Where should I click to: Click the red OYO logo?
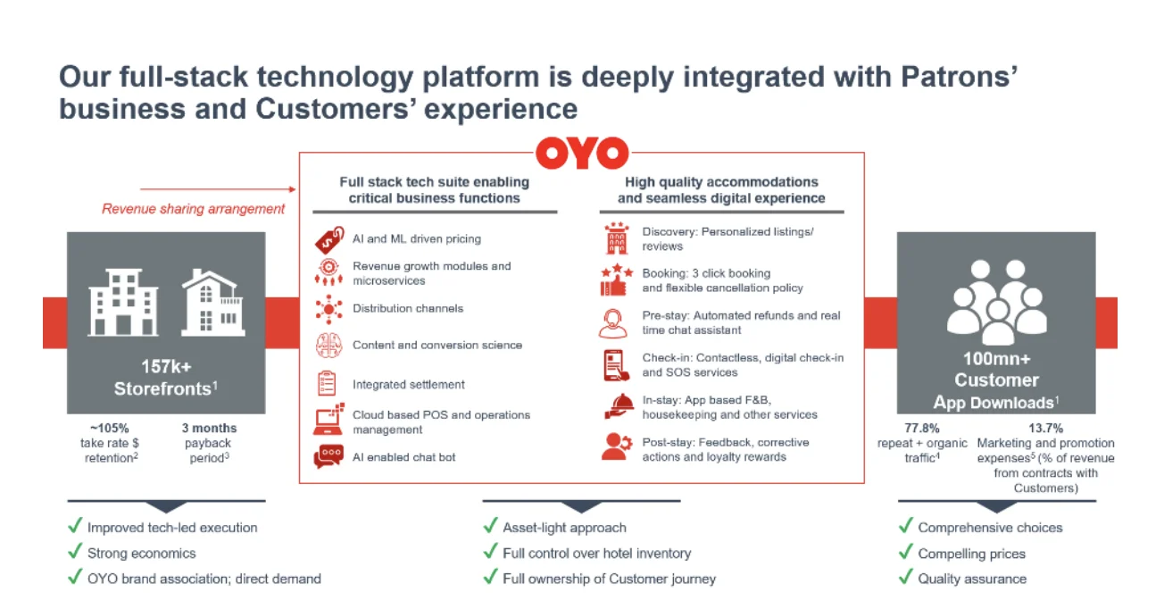(582, 153)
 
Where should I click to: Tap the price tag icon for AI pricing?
(329, 239)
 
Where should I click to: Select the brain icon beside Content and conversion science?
(328, 345)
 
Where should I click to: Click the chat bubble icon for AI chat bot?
(328, 456)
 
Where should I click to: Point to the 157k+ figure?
(166, 366)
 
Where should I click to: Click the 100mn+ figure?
(996, 359)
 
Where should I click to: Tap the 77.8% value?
(922, 428)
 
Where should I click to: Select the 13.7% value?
(1045, 428)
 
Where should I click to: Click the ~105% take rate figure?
(109, 428)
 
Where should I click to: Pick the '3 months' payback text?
(209, 428)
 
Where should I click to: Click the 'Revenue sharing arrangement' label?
(193, 209)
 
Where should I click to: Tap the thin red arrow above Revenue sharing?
(218, 189)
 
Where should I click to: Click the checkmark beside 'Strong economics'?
(75, 551)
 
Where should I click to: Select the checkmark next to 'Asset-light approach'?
(491, 525)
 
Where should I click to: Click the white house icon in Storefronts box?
(212, 303)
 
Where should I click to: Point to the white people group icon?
(997, 303)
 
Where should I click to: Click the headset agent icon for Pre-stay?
(613, 323)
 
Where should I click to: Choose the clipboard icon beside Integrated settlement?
(327, 383)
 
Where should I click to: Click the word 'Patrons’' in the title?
(960, 77)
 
